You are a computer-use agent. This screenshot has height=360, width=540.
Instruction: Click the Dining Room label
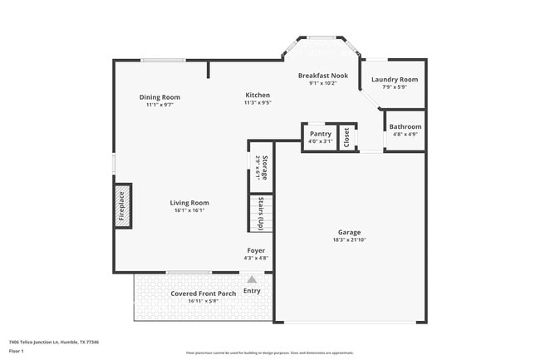tap(160, 97)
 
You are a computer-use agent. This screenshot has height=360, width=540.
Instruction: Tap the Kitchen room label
tap(257, 96)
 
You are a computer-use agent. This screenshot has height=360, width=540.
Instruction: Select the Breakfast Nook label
tap(328, 76)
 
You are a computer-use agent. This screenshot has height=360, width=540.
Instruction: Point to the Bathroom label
tap(405, 127)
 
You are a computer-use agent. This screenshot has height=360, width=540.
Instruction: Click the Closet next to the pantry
tap(346, 136)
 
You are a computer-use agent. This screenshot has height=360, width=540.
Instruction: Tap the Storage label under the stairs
tap(263, 167)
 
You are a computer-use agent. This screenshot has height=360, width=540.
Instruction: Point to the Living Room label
tap(189, 203)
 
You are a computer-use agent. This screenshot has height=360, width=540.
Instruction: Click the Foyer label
tap(256, 250)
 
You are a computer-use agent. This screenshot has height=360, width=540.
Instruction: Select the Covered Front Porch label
tap(203, 293)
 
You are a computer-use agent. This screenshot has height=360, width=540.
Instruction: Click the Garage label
tap(349, 232)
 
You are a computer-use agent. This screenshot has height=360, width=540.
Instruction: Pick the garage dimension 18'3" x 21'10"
tap(349, 239)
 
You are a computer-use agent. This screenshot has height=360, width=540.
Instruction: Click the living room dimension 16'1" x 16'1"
tap(189, 210)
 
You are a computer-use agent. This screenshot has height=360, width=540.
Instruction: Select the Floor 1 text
tap(17, 350)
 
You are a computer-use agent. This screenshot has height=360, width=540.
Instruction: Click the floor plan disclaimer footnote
tap(269, 353)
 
